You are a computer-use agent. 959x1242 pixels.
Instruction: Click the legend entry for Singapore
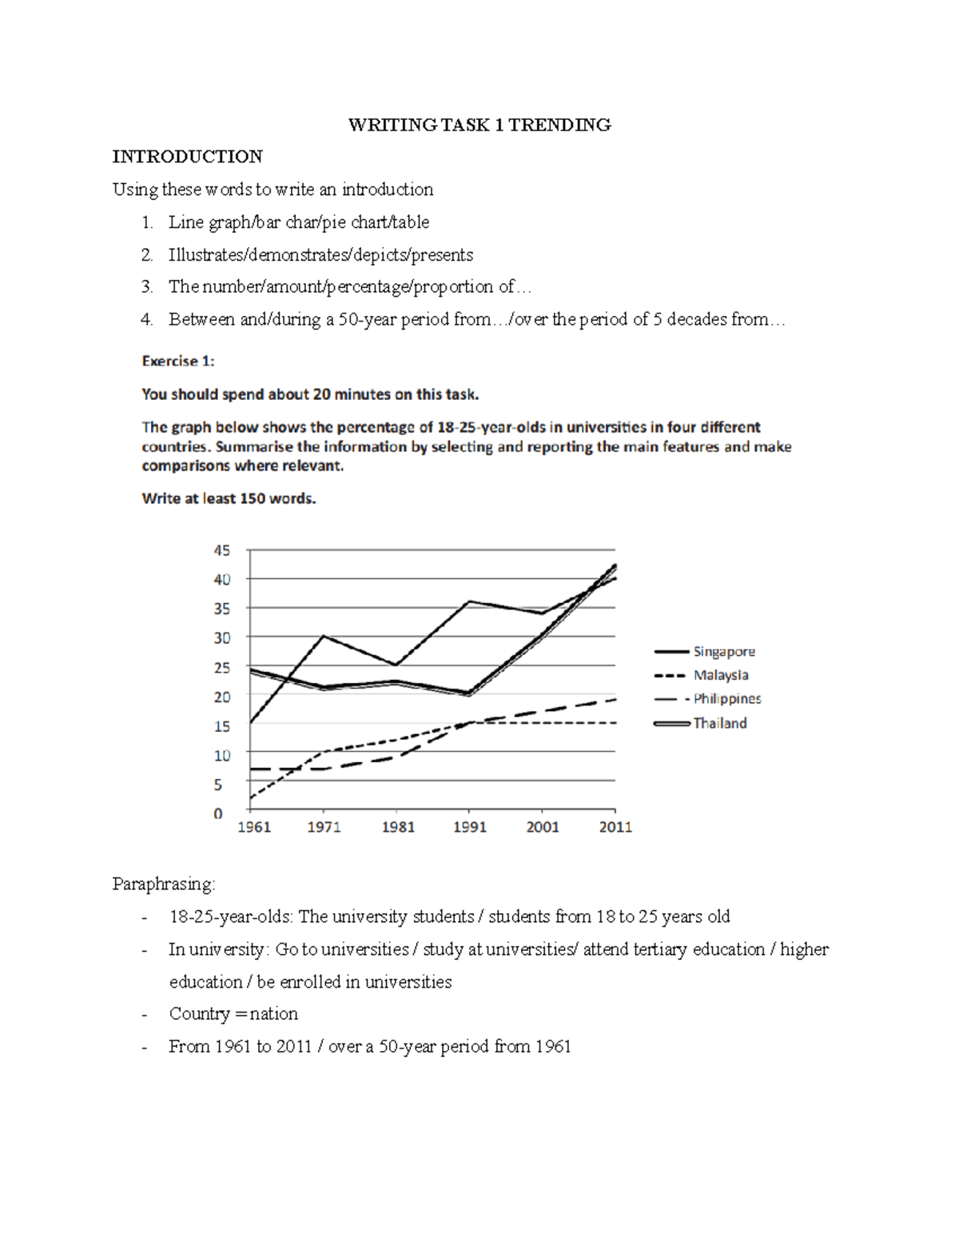[x=723, y=652]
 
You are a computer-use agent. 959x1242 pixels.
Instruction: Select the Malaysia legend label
[x=720, y=675]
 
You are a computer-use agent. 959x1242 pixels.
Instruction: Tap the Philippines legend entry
[x=726, y=698]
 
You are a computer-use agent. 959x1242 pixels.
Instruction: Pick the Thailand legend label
[x=719, y=723]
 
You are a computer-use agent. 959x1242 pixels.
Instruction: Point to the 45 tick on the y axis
[x=221, y=550]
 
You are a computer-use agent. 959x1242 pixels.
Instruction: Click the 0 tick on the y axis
[x=218, y=813]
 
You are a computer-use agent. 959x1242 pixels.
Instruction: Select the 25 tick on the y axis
[x=221, y=667]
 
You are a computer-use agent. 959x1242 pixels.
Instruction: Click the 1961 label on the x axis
[x=254, y=827]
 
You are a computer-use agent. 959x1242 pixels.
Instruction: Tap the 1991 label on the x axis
[x=470, y=827]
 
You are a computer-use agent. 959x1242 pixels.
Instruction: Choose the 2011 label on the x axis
[x=615, y=827]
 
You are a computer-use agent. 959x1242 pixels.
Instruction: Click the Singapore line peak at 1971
[x=323, y=636]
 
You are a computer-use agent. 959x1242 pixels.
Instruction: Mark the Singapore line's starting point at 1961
[x=250, y=723]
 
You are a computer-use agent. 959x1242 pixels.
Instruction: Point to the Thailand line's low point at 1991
[x=469, y=693]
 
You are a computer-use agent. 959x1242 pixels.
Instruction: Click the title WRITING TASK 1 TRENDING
[x=479, y=125]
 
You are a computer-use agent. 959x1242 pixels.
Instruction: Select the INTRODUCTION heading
[x=187, y=157]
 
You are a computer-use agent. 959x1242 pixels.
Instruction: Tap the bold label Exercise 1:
[x=177, y=361]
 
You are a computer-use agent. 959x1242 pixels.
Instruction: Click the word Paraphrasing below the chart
[x=163, y=884]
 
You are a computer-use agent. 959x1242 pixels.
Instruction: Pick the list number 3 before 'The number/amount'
[x=146, y=286]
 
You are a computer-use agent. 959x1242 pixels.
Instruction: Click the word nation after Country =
[x=273, y=1014]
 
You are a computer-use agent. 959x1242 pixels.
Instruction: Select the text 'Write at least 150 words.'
[x=229, y=498]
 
